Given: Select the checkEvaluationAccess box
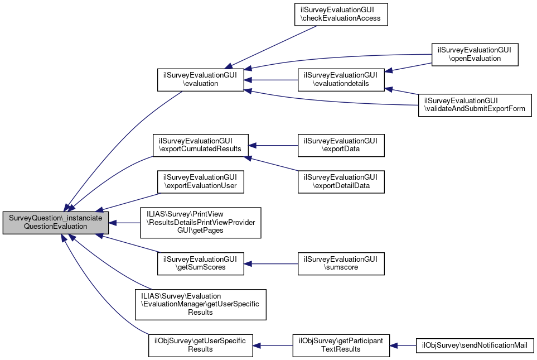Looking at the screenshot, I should click(341, 15).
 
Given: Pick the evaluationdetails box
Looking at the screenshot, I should click(341, 80).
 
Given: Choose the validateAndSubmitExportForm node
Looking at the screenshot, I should click(475, 104).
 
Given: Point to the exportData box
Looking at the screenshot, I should click(341, 145).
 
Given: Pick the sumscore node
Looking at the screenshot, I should click(341, 263).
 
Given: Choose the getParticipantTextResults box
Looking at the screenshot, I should click(341, 345).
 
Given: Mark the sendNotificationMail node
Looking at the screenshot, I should click(475, 345).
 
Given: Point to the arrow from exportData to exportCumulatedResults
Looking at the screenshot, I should click(273, 145).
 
